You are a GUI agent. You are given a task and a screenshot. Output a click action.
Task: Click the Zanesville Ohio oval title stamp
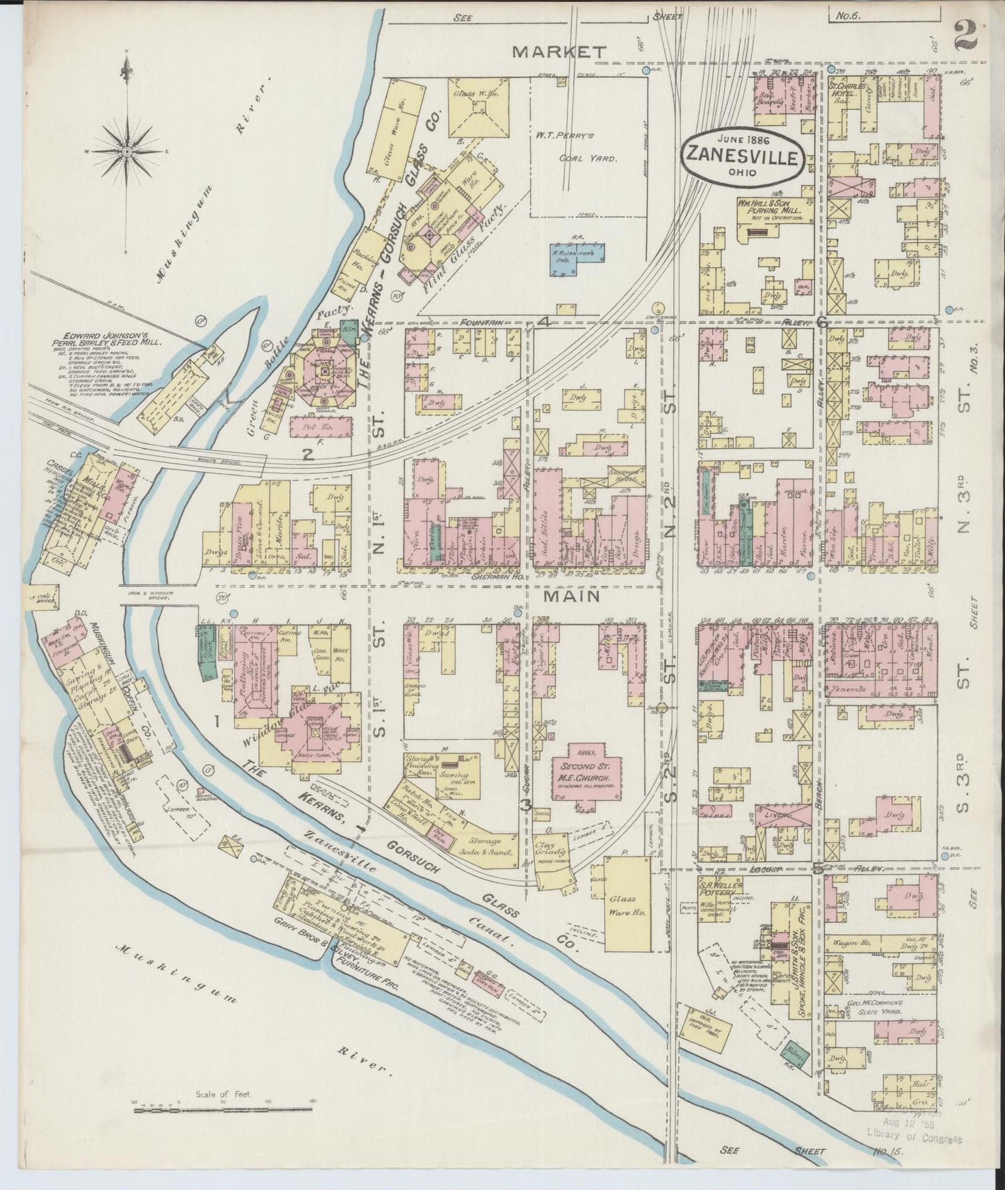point(741,157)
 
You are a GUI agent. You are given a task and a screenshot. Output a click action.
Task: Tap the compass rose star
point(127,150)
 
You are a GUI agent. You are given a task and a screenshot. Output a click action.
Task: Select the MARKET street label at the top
point(559,51)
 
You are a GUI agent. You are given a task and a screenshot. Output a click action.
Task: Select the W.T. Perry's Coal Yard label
point(588,147)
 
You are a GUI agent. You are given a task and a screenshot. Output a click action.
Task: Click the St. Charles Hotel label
point(847,92)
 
